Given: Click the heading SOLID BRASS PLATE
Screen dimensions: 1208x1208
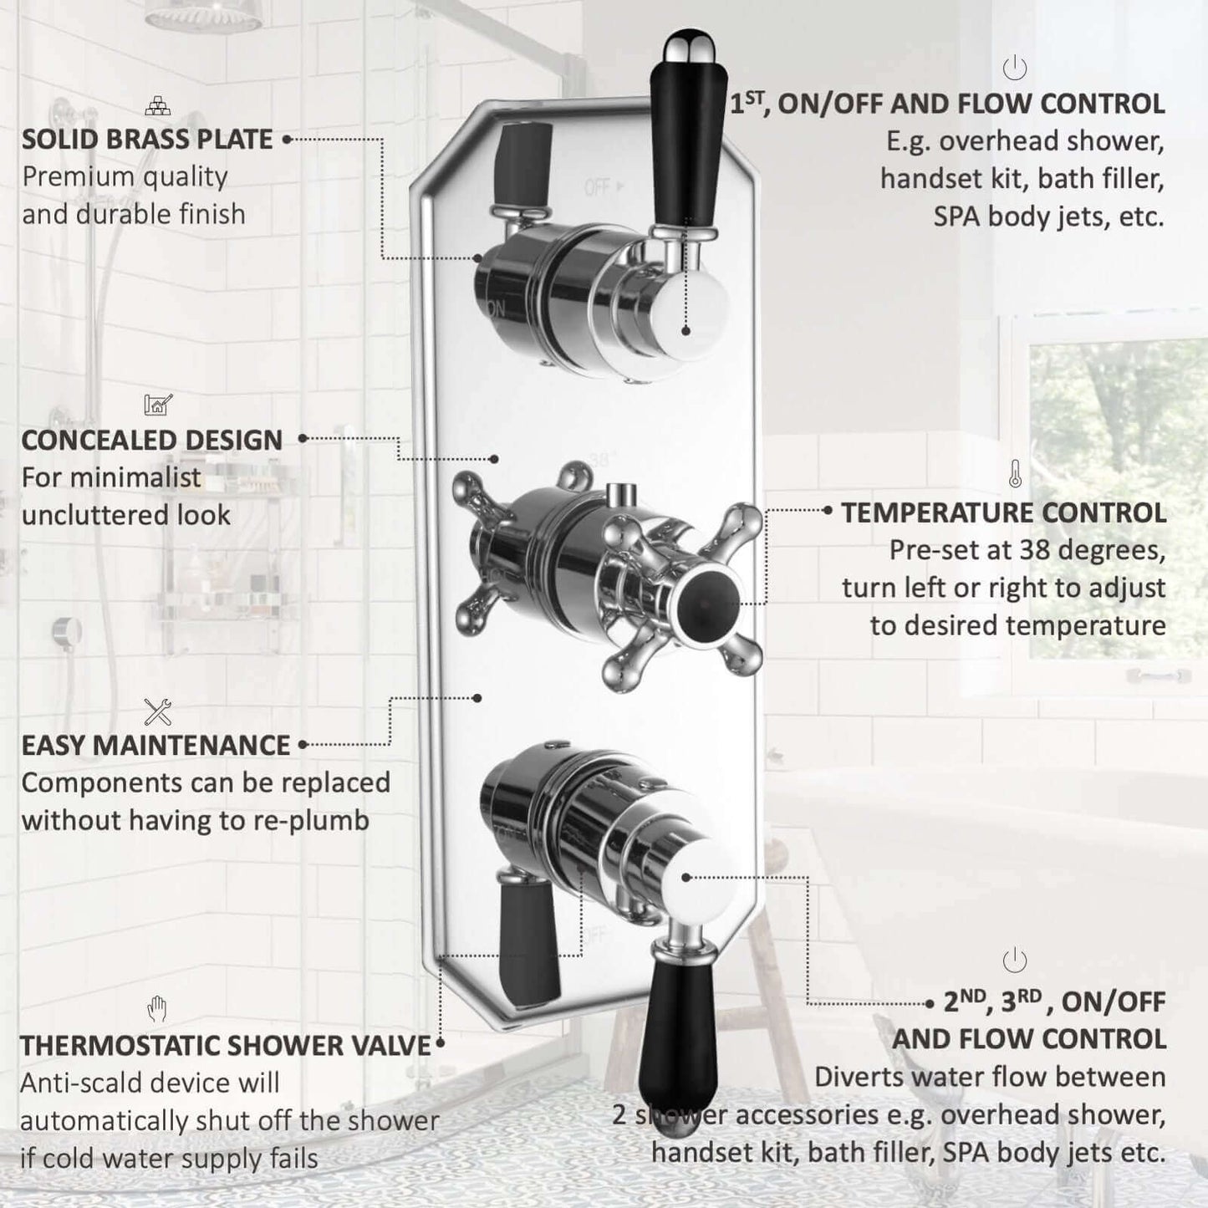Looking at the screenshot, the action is pyautogui.click(x=147, y=139).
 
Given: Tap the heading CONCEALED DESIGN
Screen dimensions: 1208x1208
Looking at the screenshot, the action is pyautogui.click(x=152, y=440).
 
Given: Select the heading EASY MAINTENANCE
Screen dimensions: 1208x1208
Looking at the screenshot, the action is pyautogui.click(x=156, y=746).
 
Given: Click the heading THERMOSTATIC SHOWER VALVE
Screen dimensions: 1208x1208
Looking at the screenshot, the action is pyautogui.click(x=226, y=1046).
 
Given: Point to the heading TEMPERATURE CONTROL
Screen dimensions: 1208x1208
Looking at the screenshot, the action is pyautogui.click(x=1004, y=512).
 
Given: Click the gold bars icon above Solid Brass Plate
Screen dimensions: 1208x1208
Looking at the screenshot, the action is pyautogui.click(x=157, y=106).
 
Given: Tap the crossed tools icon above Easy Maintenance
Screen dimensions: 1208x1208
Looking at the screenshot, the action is pyautogui.click(x=157, y=712).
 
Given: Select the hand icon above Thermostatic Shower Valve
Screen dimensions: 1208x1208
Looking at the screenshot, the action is pyautogui.click(x=156, y=1009).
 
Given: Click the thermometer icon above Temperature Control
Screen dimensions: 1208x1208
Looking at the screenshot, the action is pyautogui.click(x=1015, y=473).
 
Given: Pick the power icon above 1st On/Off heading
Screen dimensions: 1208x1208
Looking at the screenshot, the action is pyautogui.click(x=1014, y=68).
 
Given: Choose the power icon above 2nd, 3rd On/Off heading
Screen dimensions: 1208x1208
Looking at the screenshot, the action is pyautogui.click(x=1014, y=960).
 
